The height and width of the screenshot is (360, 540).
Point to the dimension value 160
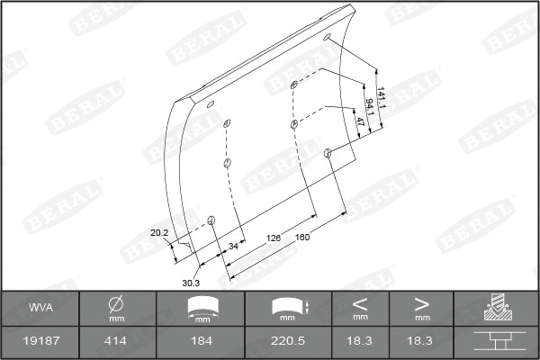pos(302,238)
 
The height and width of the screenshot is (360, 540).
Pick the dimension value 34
pos(233,246)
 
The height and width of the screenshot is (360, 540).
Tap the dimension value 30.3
pos(190,282)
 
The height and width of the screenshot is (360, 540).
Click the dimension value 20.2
pos(159,233)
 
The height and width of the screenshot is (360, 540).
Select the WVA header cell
pos(40,308)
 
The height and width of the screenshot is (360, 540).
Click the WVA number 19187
pos(40,342)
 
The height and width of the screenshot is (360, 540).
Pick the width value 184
pos(202,342)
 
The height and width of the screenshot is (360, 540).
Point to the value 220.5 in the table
pos(288,342)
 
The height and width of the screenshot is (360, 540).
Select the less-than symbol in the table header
pos(360,303)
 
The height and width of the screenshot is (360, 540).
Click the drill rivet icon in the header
pos(497,308)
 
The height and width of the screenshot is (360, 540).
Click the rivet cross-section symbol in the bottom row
pos(497,342)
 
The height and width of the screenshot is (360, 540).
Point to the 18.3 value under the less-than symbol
pos(360,342)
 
